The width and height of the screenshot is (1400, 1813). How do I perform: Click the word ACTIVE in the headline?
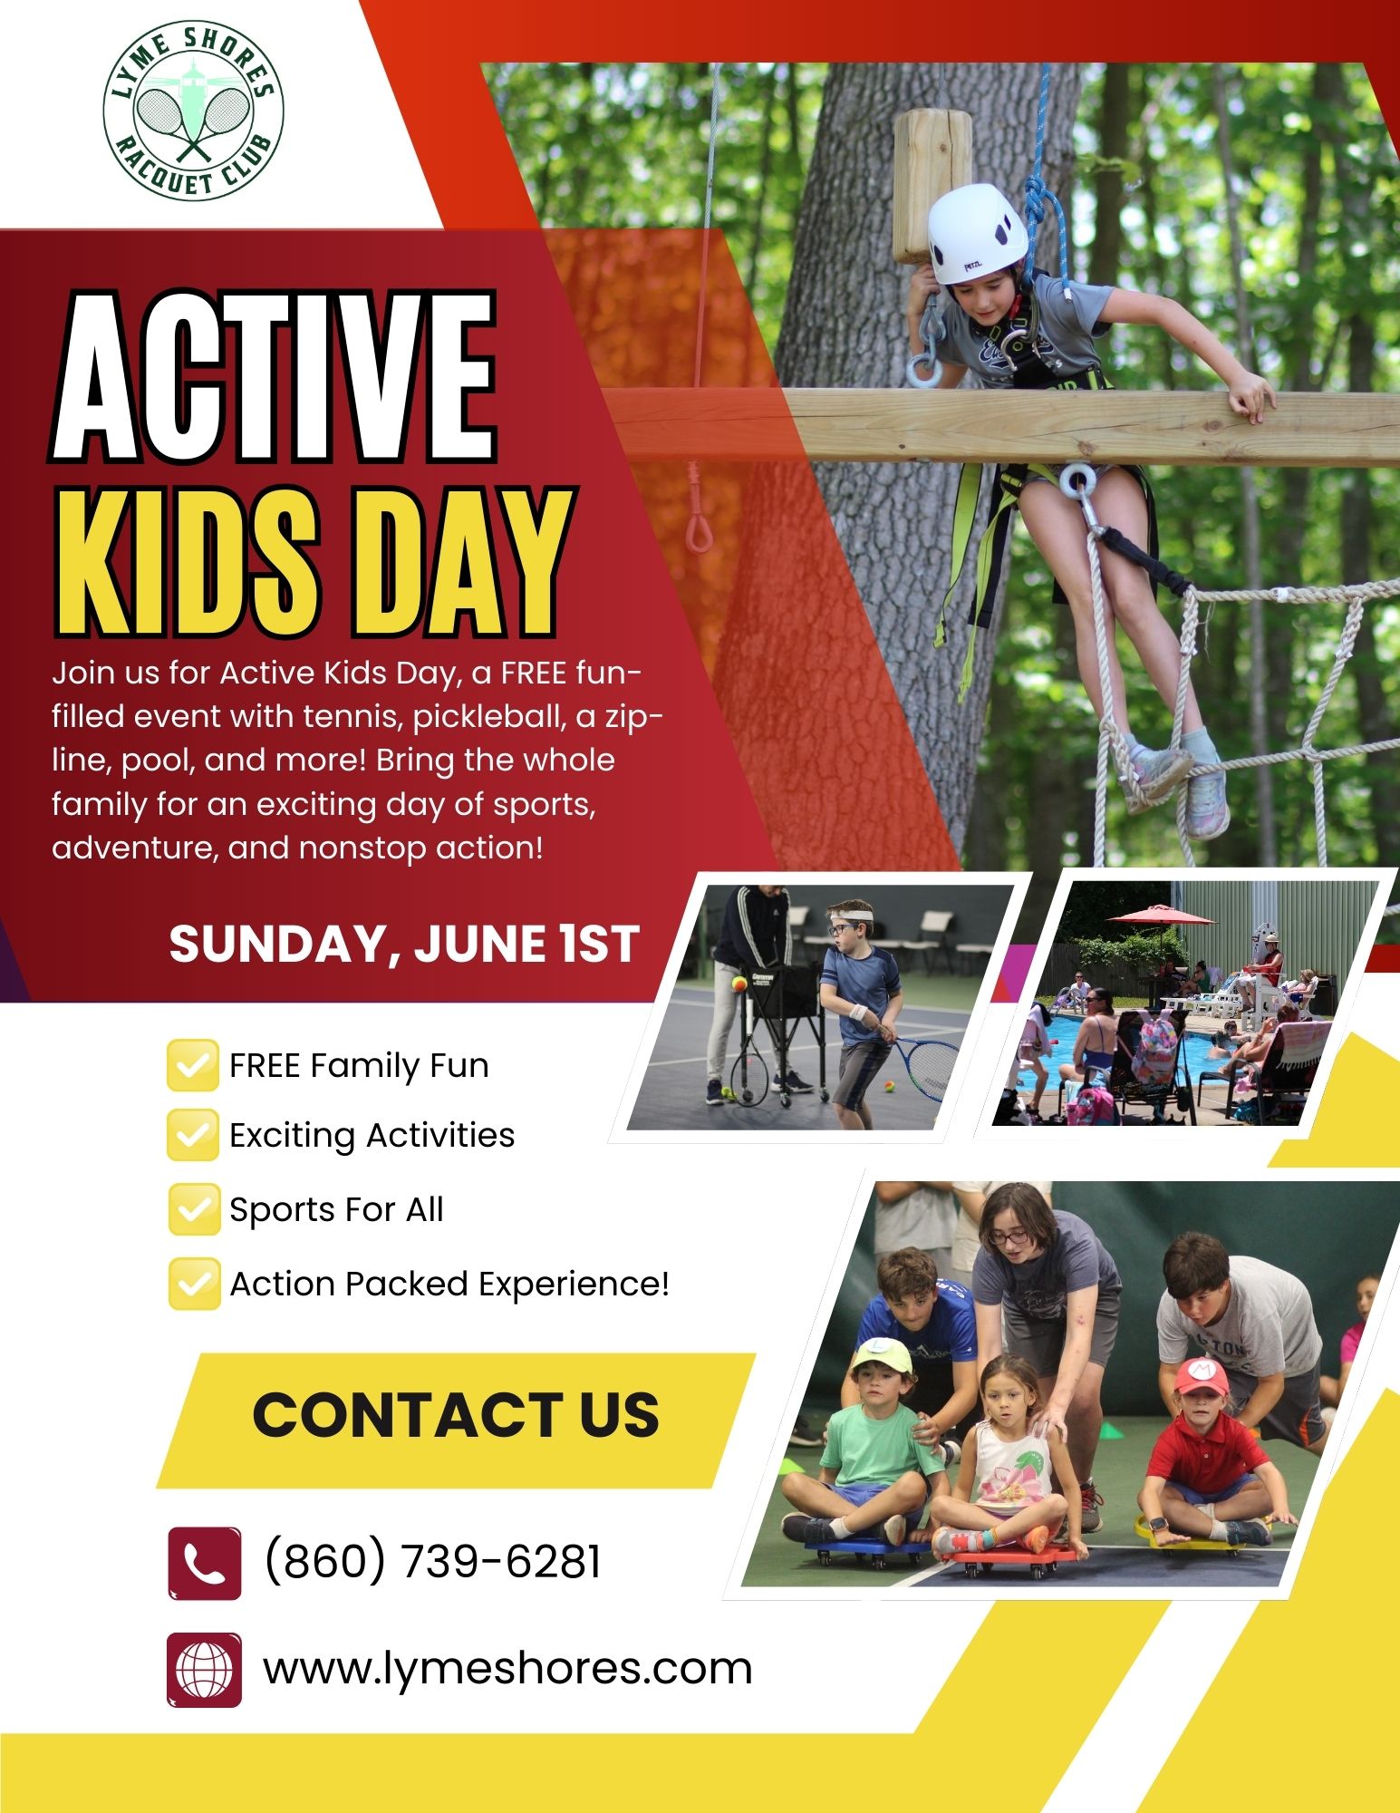point(274,376)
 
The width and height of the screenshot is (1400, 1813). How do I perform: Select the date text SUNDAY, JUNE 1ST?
point(404,944)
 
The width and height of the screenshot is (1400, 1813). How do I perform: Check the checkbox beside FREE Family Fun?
point(193,1065)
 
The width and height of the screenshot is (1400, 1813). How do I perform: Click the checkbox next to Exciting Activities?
point(193,1135)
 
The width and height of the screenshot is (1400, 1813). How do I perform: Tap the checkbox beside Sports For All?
point(193,1209)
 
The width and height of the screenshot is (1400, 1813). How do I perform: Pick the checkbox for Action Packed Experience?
point(193,1284)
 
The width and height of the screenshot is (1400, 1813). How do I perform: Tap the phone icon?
point(205,1563)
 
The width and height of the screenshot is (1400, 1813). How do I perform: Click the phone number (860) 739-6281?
point(432,1561)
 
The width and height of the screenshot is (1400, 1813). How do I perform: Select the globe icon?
point(205,1669)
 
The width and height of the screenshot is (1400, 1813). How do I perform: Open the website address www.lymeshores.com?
point(507,1669)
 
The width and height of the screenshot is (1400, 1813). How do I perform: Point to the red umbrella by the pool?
point(1161,916)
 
